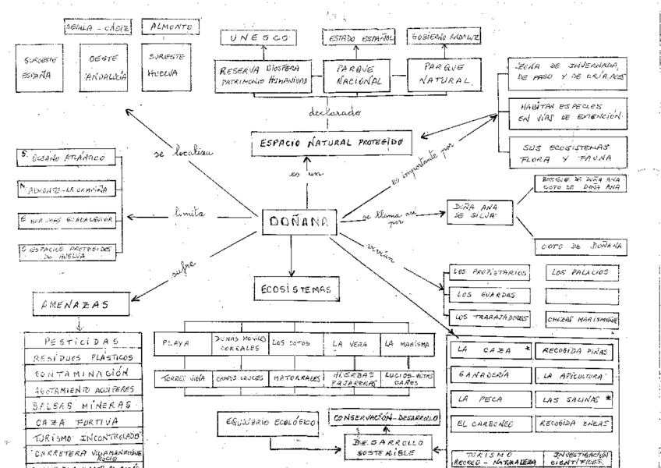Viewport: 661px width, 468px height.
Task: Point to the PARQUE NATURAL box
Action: point(441,73)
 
